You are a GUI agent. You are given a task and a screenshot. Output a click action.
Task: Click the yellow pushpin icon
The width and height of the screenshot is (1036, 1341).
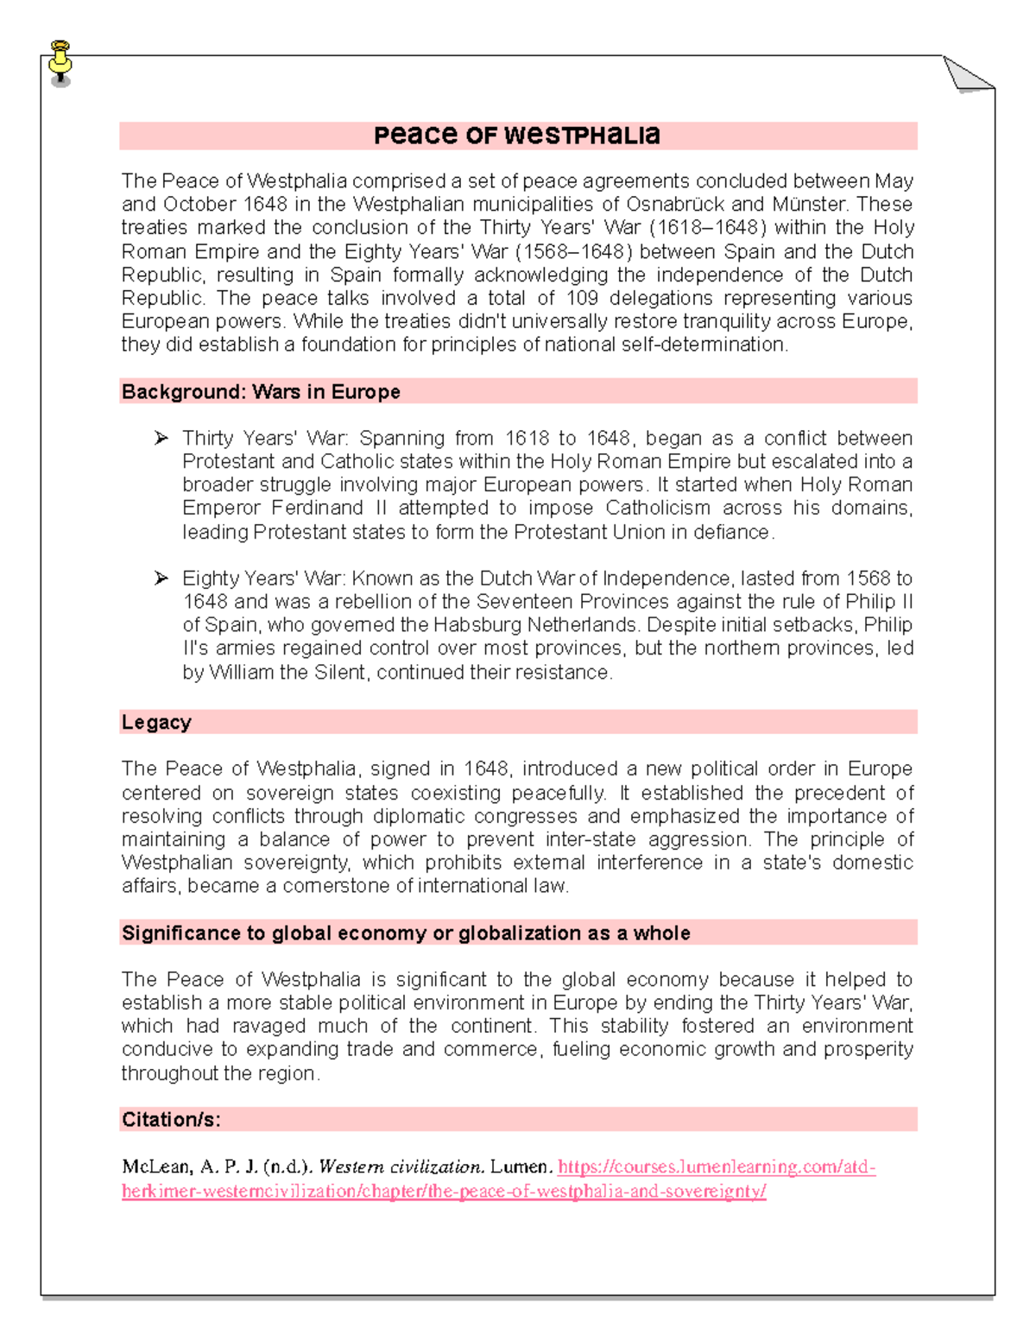point(60,62)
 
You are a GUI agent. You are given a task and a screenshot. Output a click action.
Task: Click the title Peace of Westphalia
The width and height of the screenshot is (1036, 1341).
point(516,136)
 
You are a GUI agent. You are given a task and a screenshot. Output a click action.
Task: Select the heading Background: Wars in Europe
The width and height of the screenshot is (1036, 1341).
point(261,392)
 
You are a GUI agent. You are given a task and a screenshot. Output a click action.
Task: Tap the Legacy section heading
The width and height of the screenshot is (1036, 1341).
point(156,723)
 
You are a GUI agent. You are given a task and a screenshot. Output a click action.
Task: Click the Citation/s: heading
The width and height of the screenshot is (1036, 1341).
point(171,1120)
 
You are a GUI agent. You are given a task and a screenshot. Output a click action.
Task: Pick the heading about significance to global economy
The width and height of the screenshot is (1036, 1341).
point(406,933)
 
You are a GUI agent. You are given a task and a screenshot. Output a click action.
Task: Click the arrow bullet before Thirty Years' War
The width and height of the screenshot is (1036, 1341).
point(161,439)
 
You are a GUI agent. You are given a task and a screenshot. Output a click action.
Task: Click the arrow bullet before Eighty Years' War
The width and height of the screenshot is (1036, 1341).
point(161,579)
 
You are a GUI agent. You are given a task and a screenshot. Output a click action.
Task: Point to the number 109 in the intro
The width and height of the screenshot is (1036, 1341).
point(582,299)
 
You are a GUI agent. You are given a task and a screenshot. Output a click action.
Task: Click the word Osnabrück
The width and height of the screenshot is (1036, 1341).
point(675,205)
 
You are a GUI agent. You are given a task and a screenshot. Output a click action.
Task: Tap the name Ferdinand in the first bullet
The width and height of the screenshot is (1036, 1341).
point(317,508)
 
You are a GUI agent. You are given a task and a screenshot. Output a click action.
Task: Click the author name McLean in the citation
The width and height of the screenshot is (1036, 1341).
point(156,1167)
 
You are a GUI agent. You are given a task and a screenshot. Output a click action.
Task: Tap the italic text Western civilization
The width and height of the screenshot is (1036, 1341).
point(401,1167)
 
